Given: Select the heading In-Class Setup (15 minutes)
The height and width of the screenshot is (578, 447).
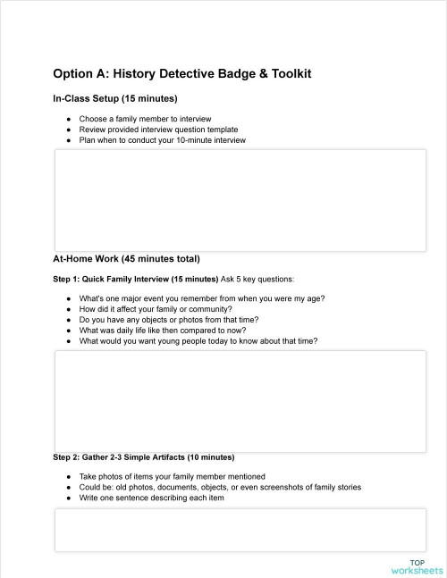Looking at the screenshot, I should click(115, 98).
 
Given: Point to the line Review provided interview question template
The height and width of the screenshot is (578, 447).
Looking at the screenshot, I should click(158, 129).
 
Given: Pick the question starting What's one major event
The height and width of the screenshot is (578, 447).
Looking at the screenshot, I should click(202, 297).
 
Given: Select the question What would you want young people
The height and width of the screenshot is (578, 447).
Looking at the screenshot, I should click(198, 340).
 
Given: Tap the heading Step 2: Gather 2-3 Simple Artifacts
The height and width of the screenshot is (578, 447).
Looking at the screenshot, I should click(143, 457).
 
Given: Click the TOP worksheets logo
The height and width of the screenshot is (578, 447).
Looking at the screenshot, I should click(417, 565).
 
